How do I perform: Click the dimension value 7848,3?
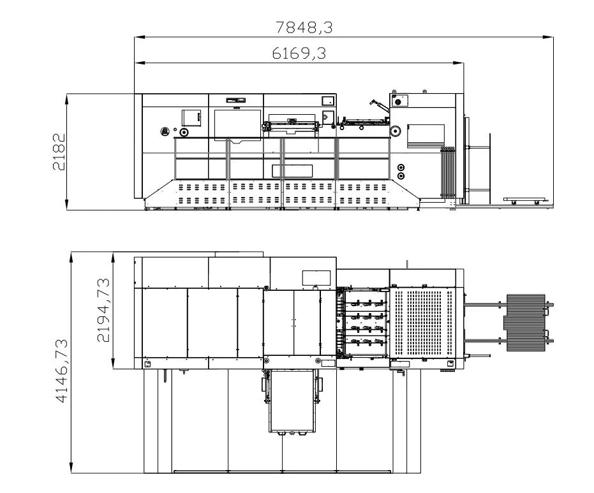pyautogui.click(x=304, y=27)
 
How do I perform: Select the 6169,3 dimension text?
pyautogui.click(x=299, y=54)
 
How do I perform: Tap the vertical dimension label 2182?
pyautogui.click(x=59, y=151)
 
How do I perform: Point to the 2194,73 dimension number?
pyautogui.click(x=104, y=310)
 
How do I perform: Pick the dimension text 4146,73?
pyautogui.click(x=62, y=371)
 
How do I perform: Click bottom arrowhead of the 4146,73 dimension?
pyautogui.click(x=71, y=467)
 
